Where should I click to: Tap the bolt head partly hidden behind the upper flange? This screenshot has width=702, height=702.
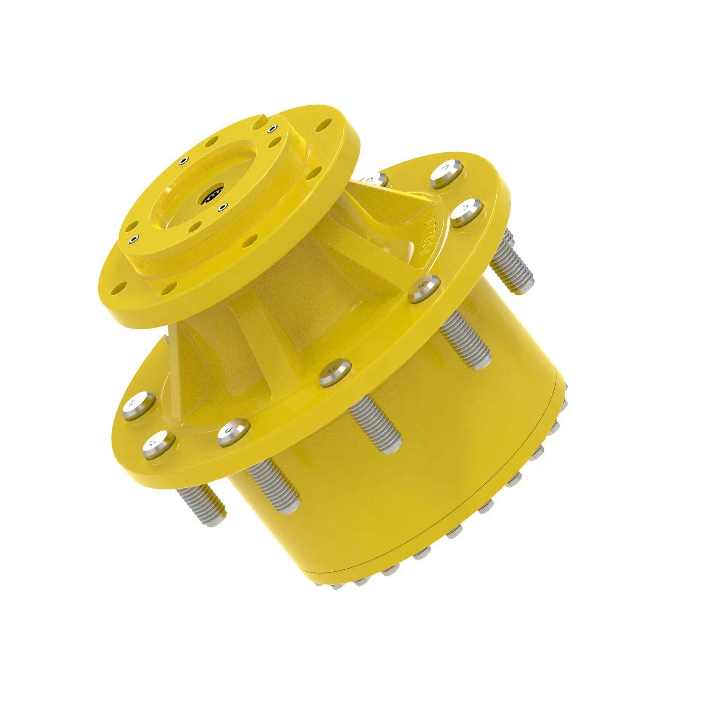click(x=374, y=179)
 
